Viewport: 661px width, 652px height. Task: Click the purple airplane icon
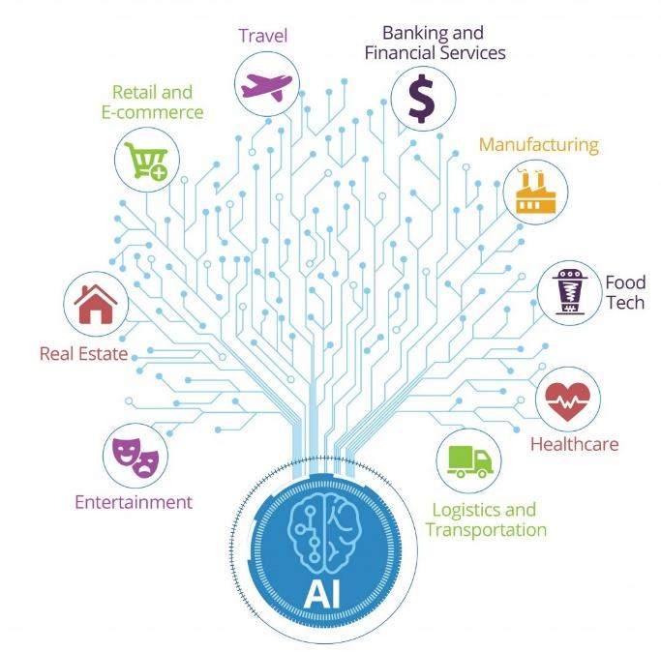(266, 87)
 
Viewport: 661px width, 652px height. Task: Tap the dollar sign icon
(422, 99)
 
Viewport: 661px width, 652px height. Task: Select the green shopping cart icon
(146, 161)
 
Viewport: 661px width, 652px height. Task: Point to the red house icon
(96, 304)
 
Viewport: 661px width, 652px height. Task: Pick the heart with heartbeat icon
(567, 401)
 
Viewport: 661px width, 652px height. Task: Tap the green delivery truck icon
(470, 461)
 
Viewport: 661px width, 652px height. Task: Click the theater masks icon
(135, 458)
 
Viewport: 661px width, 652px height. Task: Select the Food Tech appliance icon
(569, 292)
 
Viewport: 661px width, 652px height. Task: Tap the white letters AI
(322, 594)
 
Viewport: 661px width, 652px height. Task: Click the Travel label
(263, 36)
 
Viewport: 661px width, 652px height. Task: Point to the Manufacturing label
(539, 144)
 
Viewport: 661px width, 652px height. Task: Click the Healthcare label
(574, 444)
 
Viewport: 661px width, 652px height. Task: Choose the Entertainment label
(134, 502)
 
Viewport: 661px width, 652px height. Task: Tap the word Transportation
(486, 529)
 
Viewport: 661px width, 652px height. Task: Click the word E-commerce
(153, 112)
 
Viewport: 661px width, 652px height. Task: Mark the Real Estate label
(83, 354)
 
